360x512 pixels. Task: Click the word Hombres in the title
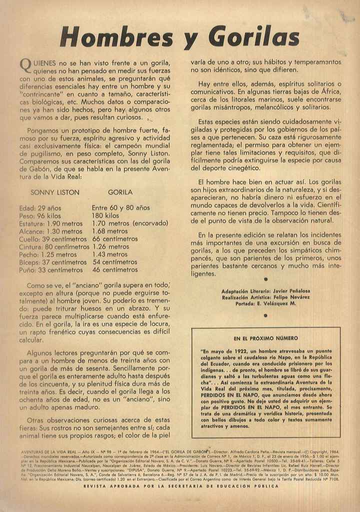(116, 37)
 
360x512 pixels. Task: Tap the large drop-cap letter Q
(25, 65)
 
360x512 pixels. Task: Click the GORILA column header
(120, 192)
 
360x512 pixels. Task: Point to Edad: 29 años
(40, 207)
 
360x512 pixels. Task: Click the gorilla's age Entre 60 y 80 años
(120, 207)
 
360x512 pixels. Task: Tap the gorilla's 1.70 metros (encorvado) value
(130, 223)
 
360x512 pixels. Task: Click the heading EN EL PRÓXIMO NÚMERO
(265, 338)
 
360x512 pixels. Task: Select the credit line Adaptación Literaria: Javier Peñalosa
(265, 290)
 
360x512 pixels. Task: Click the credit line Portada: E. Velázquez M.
(265, 303)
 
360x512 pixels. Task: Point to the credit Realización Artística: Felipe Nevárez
(265, 297)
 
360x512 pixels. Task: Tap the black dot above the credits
(265, 279)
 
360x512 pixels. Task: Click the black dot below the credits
(265, 315)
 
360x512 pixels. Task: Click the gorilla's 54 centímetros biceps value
(115, 262)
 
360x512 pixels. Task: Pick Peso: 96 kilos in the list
(40, 215)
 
